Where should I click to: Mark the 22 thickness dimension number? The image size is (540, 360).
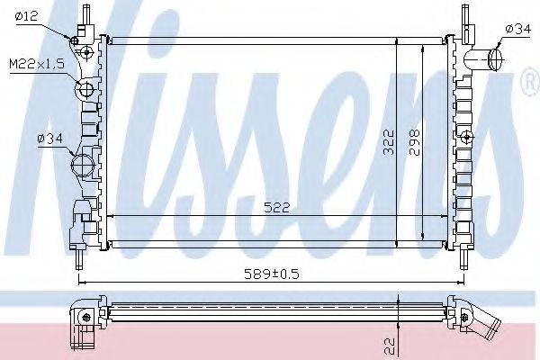pyautogui.click(x=389, y=343)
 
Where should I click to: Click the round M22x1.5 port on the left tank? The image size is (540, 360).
pyautogui.click(x=86, y=89)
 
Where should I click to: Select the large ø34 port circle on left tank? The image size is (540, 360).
pyautogui.click(x=82, y=165)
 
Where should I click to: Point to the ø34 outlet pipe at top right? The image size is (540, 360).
pyautogui.click(x=493, y=58)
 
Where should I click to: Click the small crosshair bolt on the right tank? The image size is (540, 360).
pyautogui.click(x=468, y=137)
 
